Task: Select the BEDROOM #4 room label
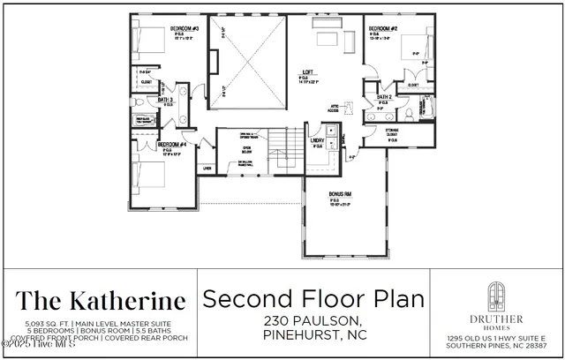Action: click(x=172, y=143)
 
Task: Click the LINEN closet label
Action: click(x=207, y=167)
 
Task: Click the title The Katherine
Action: click(x=101, y=300)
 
